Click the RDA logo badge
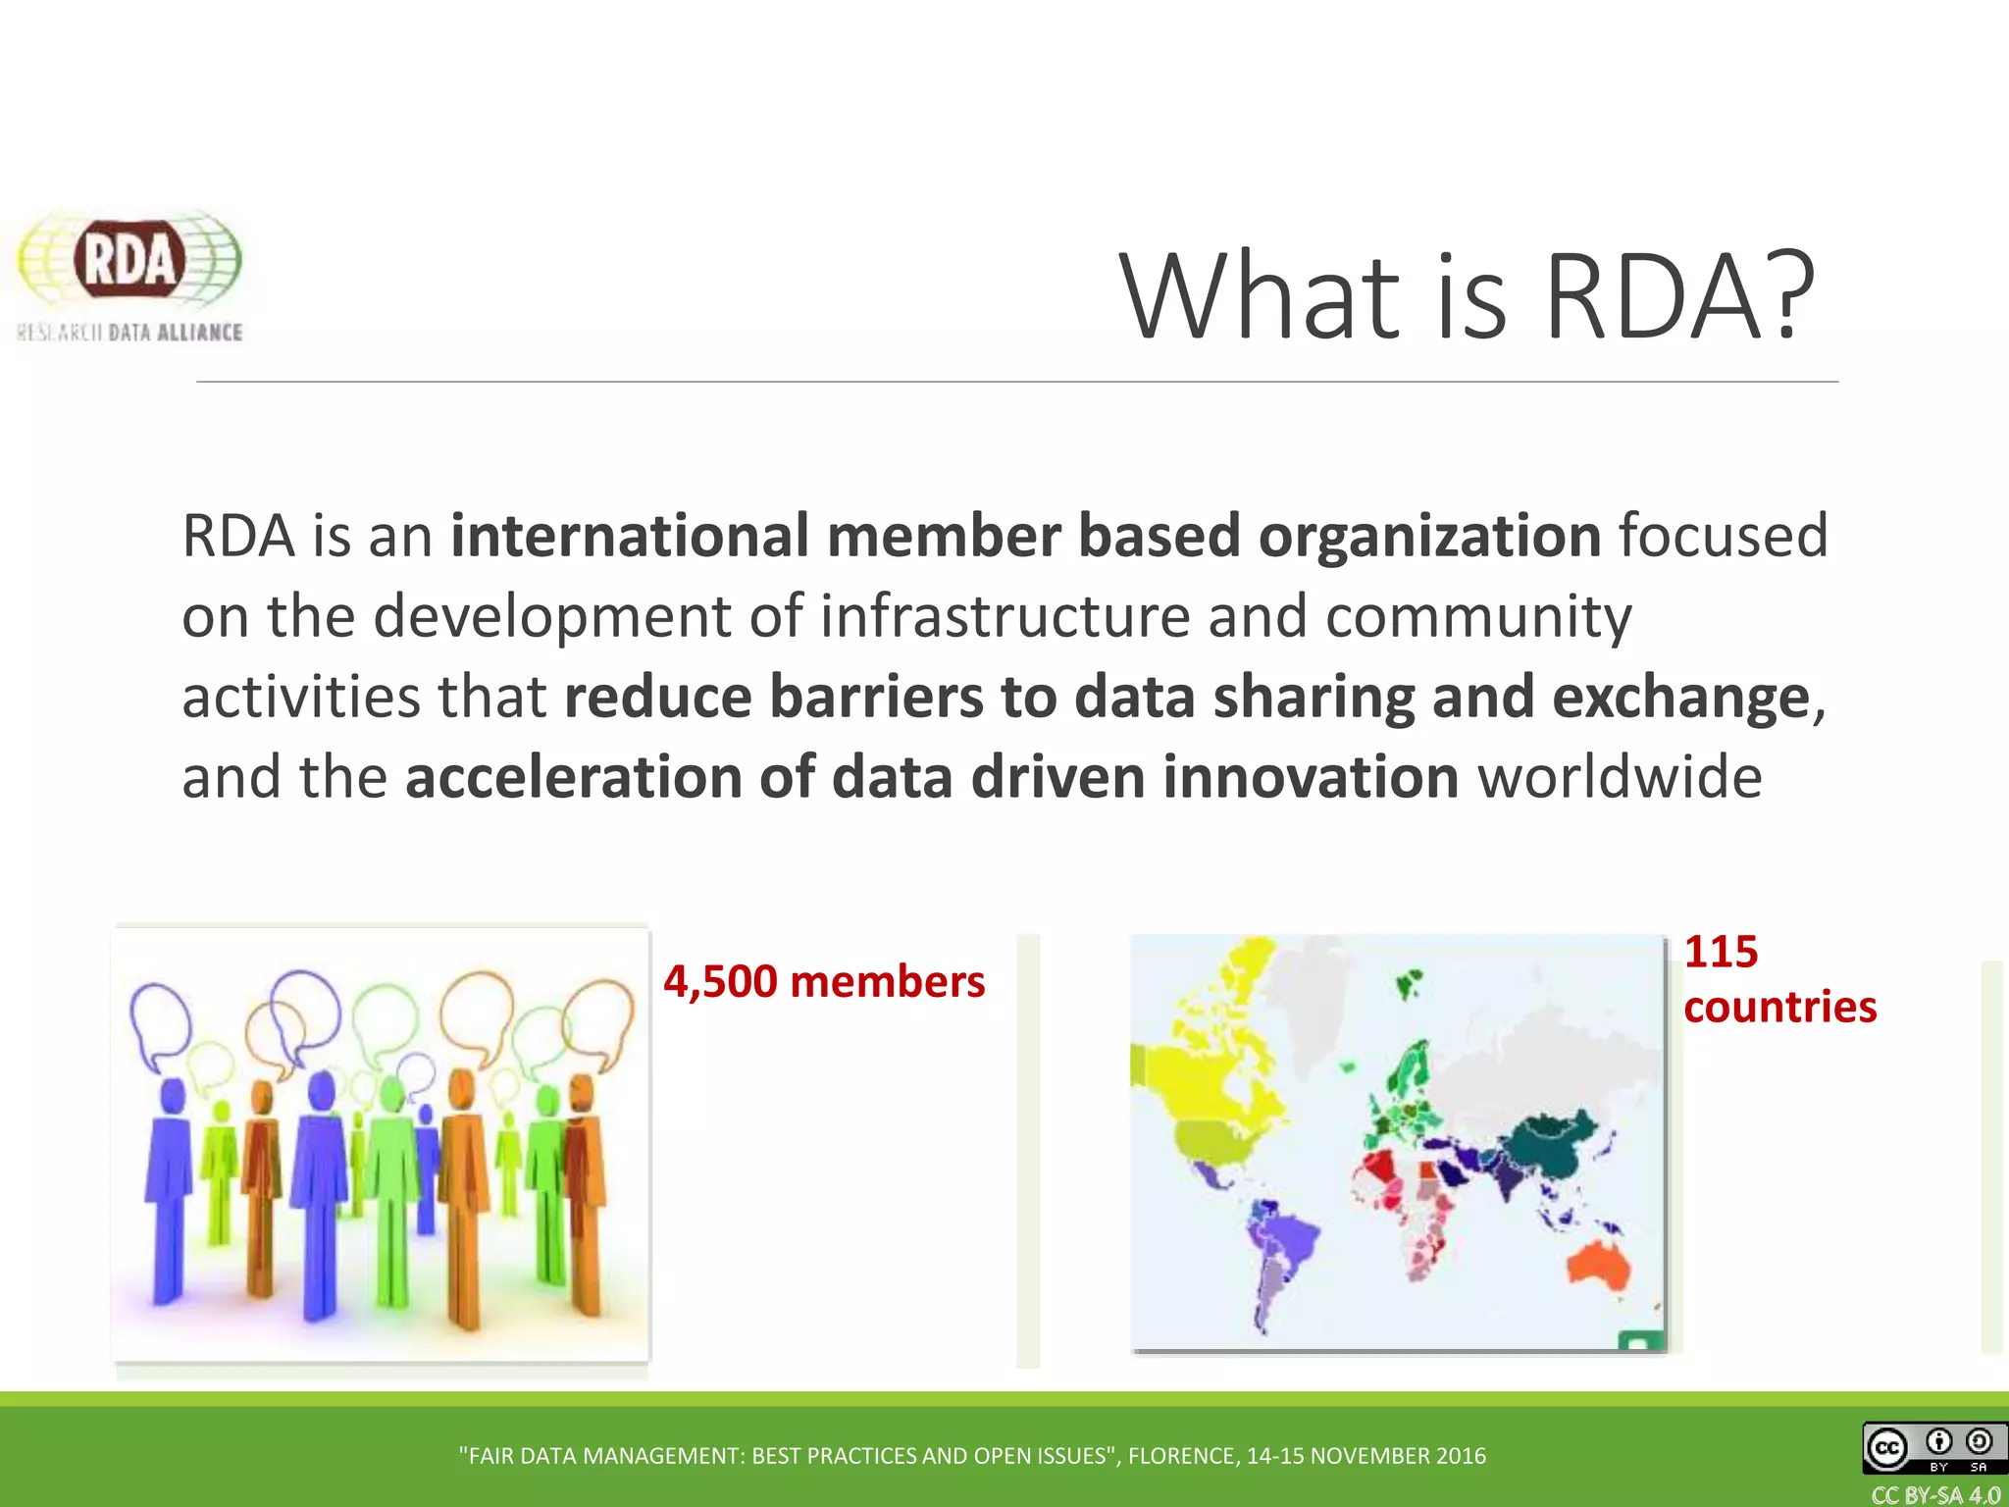[129, 260]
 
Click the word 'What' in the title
[1260, 296]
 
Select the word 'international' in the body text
[629, 536]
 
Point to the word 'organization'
[1429, 536]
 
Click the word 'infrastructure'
[1004, 616]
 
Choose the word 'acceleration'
[573, 777]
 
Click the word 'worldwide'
[1620, 777]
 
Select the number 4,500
[719, 982]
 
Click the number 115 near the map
[1721, 952]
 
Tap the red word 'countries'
[1779, 1008]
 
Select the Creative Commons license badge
[1933, 1447]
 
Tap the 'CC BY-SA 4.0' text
[1935, 1495]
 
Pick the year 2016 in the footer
[1461, 1456]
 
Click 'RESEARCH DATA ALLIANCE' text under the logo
[129, 333]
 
